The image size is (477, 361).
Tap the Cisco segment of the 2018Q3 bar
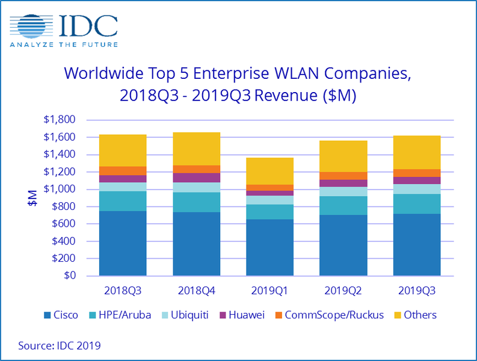(123, 243)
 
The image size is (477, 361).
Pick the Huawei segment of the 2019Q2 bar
(343, 184)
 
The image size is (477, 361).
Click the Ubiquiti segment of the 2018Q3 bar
(123, 187)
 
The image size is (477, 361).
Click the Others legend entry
(414, 315)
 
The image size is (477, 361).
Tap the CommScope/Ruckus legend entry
(328, 315)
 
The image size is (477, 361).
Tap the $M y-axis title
(32, 198)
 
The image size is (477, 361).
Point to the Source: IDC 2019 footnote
(60, 346)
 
